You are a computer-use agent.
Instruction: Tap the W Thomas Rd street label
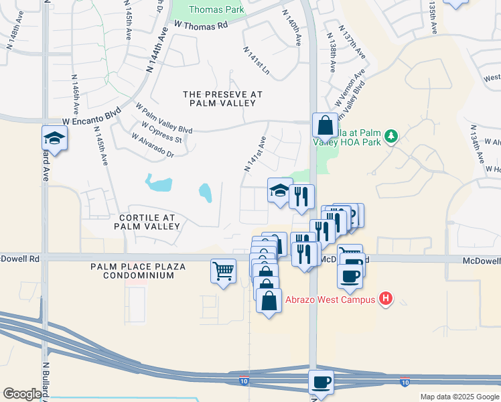point(201,25)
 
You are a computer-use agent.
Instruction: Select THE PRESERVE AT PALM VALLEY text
point(222,98)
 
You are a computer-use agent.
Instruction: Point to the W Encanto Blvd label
point(91,116)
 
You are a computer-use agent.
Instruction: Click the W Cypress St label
point(161,131)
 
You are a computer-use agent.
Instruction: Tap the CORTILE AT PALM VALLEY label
point(149,222)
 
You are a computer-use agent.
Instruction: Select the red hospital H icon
point(386,299)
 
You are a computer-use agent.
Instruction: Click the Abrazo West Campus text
point(331,299)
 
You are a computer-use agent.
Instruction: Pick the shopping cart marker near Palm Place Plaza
point(224,271)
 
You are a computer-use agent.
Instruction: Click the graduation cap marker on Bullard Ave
point(54,138)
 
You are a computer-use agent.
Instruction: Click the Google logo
point(22,394)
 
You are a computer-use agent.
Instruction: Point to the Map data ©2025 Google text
point(459,397)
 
